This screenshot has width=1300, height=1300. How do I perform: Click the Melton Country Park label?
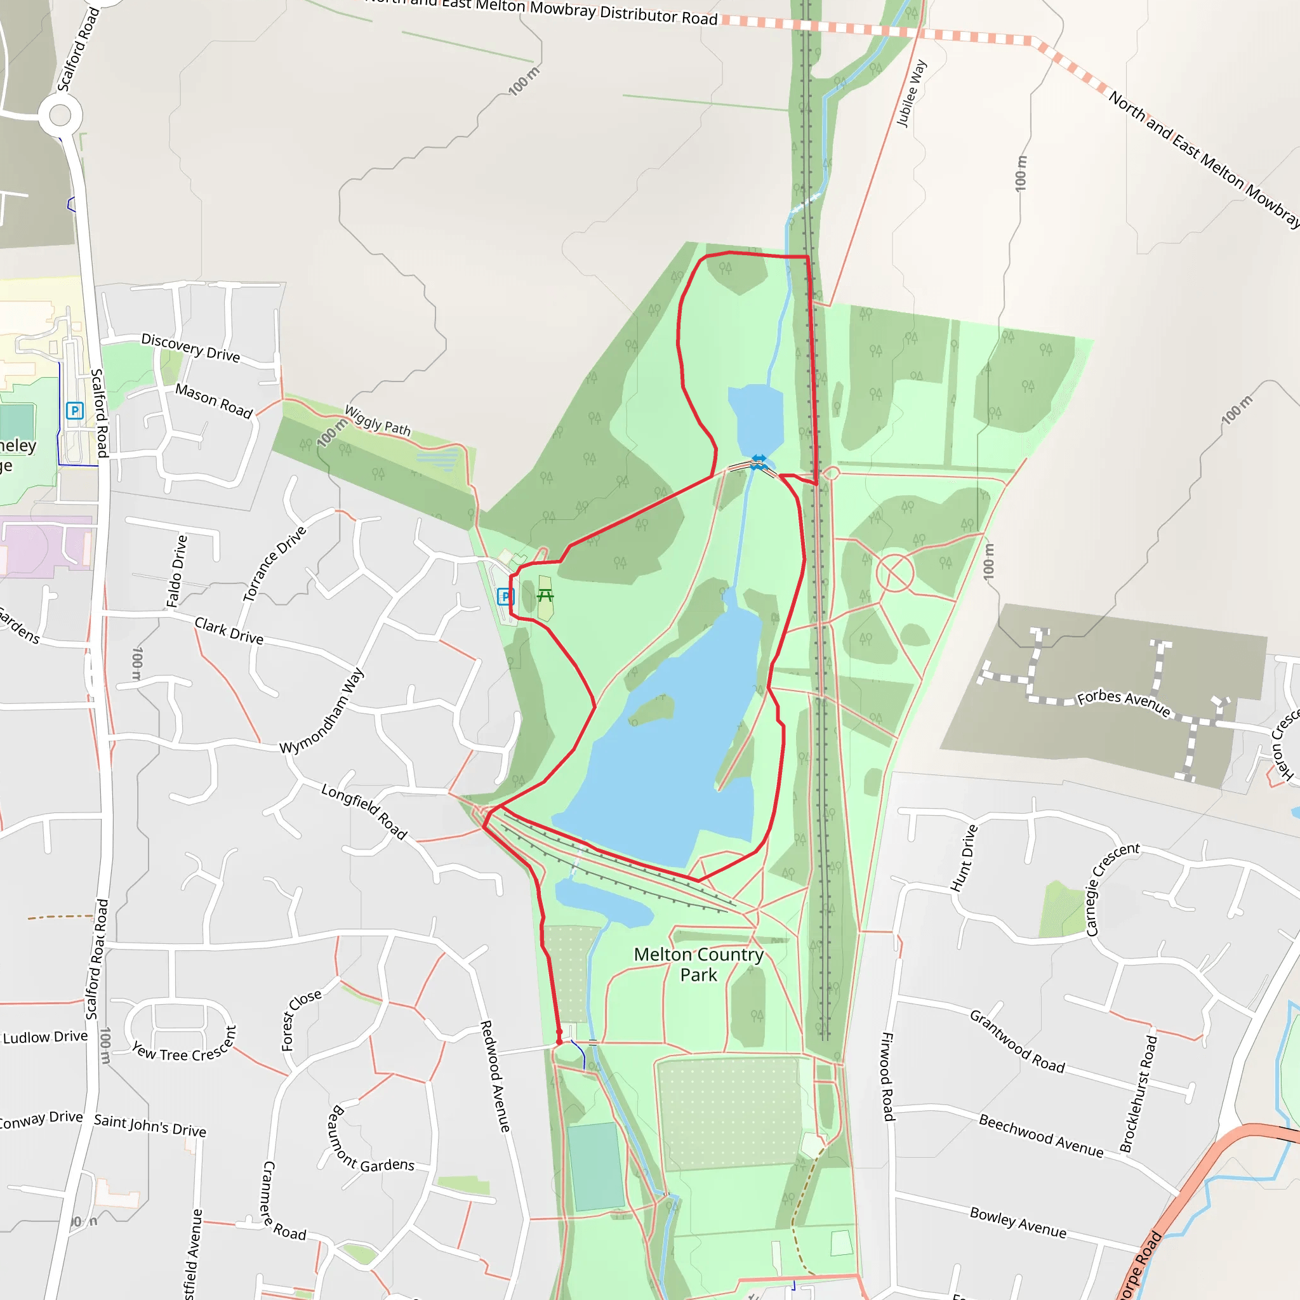[698, 964]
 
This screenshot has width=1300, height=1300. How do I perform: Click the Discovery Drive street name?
[190, 347]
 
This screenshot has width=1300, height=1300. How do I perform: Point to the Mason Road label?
[214, 401]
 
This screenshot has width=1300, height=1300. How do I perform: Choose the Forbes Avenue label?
[1124, 703]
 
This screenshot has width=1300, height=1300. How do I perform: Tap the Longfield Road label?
[364, 811]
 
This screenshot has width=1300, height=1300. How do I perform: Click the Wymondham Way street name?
[322, 710]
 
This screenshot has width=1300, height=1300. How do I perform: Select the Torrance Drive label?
[274, 563]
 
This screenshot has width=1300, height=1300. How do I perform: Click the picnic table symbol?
[545, 595]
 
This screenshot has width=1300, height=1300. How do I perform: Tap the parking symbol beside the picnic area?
[505, 596]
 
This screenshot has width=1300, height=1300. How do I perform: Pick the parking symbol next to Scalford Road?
[75, 411]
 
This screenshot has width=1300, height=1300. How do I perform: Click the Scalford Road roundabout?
[60, 115]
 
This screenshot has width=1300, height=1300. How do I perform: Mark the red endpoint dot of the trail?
[559, 1042]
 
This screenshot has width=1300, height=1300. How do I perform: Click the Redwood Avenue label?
[494, 1075]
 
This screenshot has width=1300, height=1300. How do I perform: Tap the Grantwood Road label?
[1017, 1041]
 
